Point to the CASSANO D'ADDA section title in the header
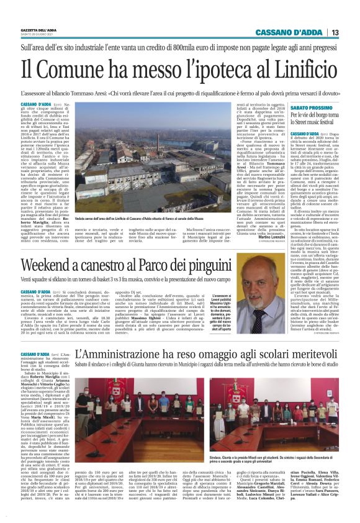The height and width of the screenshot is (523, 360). tap(290, 33)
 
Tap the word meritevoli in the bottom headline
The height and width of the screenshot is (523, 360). tap(310, 357)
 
